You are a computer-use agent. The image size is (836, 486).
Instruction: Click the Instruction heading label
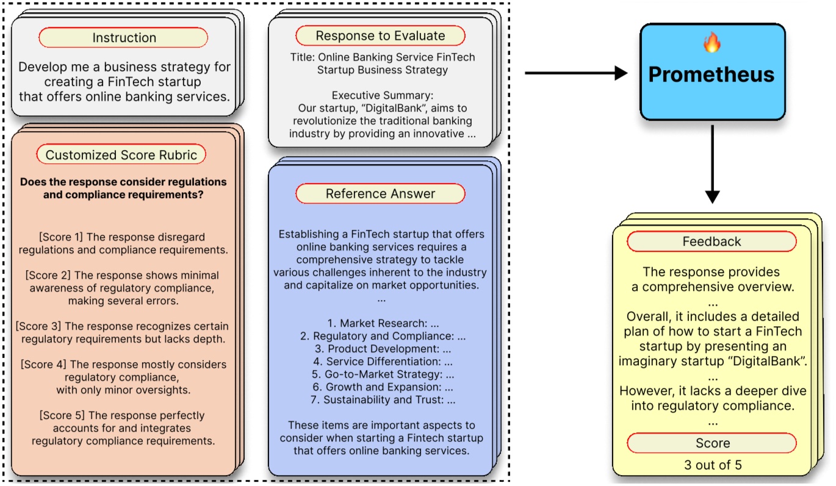coord(123,38)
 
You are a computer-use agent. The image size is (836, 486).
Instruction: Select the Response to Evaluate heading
coord(380,36)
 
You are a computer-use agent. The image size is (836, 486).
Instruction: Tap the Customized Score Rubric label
coord(121,155)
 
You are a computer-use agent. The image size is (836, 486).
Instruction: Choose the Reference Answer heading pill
coord(380,194)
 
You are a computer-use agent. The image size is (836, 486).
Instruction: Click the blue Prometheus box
coord(712,71)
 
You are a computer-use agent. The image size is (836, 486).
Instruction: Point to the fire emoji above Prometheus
coord(712,43)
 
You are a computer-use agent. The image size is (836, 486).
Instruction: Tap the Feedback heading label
coord(712,241)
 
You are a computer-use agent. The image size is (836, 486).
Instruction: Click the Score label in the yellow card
coord(712,443)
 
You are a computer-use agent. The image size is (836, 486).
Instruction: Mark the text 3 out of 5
coord(712,465)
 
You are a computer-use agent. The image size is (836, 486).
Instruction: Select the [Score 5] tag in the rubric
coord(59,415)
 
